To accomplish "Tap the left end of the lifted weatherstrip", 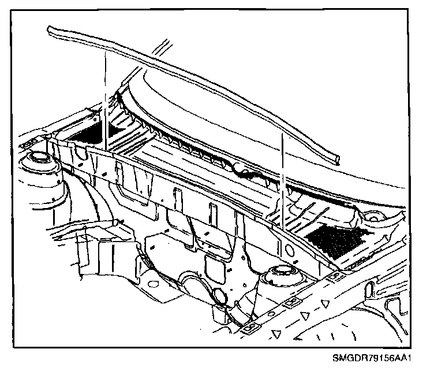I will click(x=50, y=29).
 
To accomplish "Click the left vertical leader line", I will click(x=106, y=98).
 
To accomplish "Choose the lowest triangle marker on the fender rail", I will click(x=278, y=333).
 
